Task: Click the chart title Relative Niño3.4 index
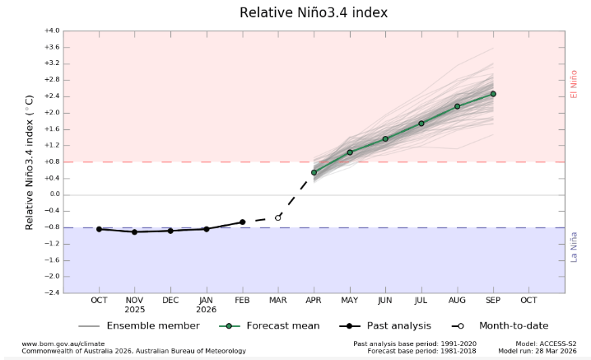tap(313, 12)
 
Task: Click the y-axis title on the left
tap(30, 161)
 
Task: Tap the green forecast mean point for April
tap(314, 172)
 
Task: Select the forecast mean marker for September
tap(493, 94)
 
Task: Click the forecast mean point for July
tap(421, 124)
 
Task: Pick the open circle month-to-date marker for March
tap(278, 217)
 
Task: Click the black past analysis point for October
tap(99, 229)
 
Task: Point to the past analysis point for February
tap(242, 222)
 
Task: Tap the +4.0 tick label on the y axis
tap(52, 30)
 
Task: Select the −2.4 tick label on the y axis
tap(52, 292)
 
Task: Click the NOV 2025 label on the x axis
tap(134, 305)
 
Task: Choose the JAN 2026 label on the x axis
tap(206, 305)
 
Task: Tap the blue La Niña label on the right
tap(575, 246)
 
